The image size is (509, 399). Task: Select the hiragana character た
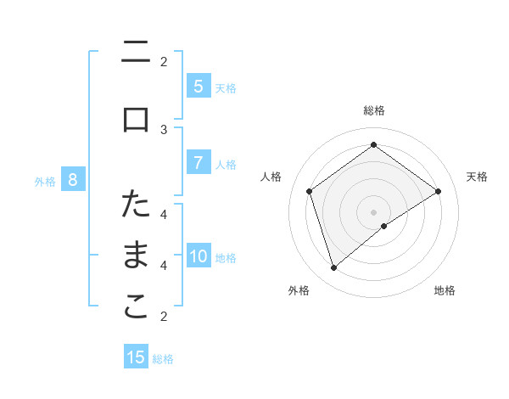point(136,204)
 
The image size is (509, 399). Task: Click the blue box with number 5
point(198,86)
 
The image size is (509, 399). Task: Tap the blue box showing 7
point(198,163)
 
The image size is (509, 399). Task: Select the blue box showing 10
point(199,256)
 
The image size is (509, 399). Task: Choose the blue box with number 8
point(73,179)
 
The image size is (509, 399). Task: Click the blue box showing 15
point(136,357)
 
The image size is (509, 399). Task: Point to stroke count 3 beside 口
point(164,129)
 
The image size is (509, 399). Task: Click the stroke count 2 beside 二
point(164,61)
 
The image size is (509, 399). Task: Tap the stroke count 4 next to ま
point(164,265)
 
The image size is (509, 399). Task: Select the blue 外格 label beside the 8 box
point(45,181)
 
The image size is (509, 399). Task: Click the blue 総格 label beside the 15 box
point(163,359)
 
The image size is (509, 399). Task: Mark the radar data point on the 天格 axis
point(439,191)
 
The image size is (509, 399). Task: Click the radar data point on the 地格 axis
point(384,226)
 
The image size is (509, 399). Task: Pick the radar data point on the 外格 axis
point(333,268)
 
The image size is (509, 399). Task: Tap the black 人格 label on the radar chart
point(271,177)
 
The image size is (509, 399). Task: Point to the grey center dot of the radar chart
point(373,211)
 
